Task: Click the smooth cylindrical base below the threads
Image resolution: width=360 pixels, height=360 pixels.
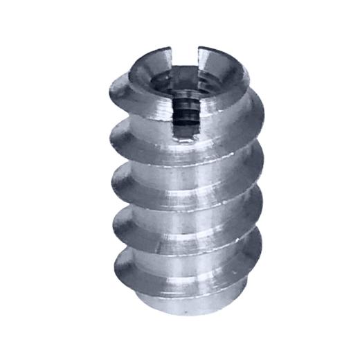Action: (x=183, y=298)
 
